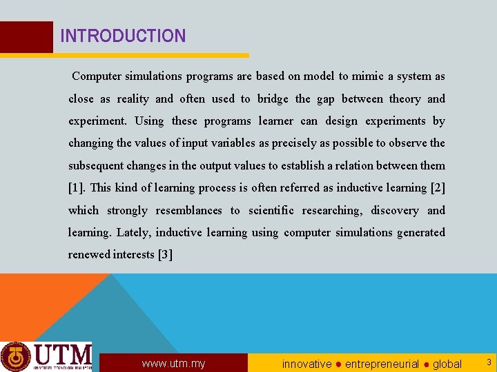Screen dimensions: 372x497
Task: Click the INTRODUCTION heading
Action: (x=123, y=36)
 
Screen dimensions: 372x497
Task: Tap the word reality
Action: (x=133, y=99)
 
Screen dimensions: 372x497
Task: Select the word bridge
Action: (x=273, y=99)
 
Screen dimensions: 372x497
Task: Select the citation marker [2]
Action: (x=438, y=188)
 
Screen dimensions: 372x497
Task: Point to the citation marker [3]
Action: (x=165, y=255)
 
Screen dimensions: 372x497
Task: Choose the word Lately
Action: (x=133, y=233)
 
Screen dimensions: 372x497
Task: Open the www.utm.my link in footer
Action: (x=173, y=363)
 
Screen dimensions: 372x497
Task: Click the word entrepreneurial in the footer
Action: (x=382, y=363)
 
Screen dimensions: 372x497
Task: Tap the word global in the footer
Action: (x=447, y=363)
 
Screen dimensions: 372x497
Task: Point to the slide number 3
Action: (x=488, y=362)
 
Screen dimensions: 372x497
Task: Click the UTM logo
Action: (x=46, y=356)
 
